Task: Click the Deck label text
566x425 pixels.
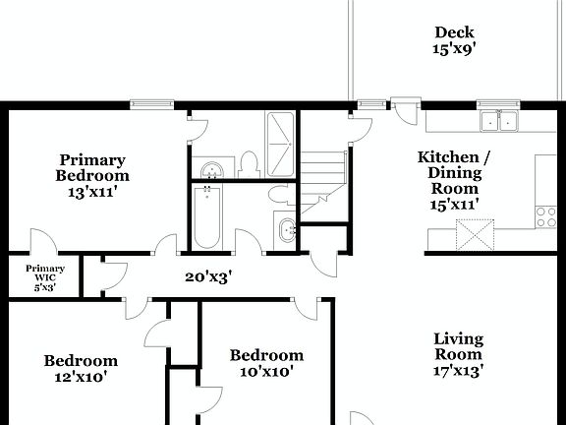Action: pos(454,31)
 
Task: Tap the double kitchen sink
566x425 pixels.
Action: pos(499,121)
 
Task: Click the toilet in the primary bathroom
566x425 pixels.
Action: pos(248,163)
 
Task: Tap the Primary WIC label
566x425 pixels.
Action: pos(45,278)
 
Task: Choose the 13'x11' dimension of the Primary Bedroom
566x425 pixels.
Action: pos(92,192)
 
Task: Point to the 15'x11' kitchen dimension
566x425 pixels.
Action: pos(453,205)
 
